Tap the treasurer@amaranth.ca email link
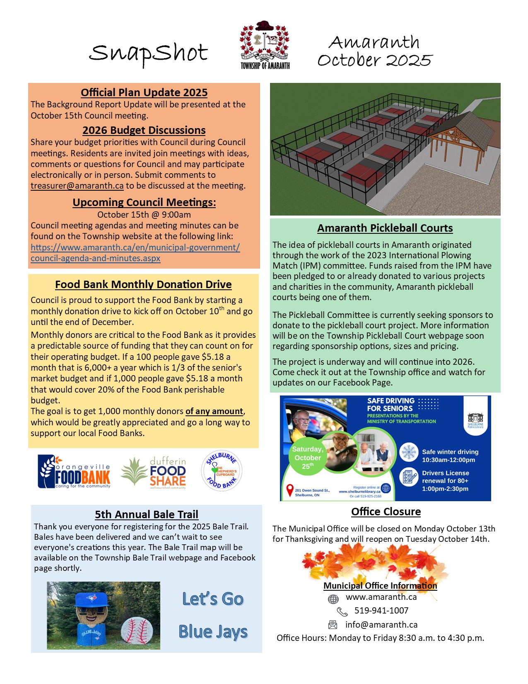(x=77, y=186)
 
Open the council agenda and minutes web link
(x=135, y=253)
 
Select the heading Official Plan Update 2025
(x=144, y=92)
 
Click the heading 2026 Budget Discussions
(x=144, y=130)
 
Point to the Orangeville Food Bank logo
(x=75, y=472)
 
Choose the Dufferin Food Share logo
(x=154, y=473)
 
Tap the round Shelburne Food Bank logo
(x=222, y=471)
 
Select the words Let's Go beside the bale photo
(x=213, y=599)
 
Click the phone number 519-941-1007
(x=381, y=611)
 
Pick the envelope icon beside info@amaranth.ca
(x=333, y=625)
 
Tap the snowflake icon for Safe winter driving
(x=409, y=452)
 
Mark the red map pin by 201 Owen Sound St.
(x=290, y=490)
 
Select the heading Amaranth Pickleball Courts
(x=385, y=228)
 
